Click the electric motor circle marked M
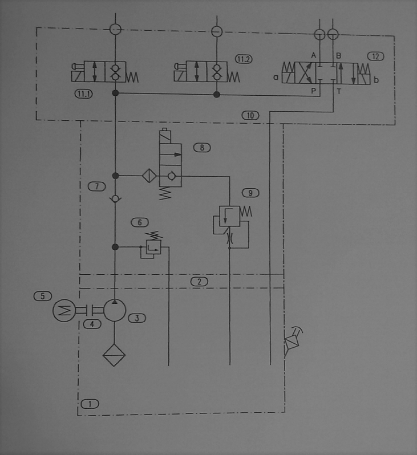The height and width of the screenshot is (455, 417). point(64,311)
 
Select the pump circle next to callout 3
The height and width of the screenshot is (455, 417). point(115,311)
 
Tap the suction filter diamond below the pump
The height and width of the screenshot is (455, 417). point(114,355)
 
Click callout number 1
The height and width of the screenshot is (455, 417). point(90,404)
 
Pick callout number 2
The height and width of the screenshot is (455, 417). point(199,282)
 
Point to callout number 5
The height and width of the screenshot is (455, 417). point(43,296)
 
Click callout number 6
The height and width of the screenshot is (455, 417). point(140,222)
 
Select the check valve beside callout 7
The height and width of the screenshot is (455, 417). point(115,199)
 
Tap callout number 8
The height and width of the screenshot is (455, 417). point(202,148)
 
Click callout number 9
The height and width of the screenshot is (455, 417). point(250,193)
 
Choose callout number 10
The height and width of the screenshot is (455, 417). point(250,116)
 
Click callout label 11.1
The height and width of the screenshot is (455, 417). point(84,94)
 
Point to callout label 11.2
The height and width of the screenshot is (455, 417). point(244,59)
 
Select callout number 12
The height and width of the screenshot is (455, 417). point(375,56)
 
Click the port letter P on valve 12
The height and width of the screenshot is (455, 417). point(313,91)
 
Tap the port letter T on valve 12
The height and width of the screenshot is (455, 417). point(339,91)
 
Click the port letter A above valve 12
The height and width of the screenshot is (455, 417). point(313,55)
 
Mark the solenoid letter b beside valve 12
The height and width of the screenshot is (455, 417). point(376,79)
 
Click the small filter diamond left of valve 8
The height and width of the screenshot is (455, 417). point(149,176)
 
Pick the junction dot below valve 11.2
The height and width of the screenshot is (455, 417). point(217,94)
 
